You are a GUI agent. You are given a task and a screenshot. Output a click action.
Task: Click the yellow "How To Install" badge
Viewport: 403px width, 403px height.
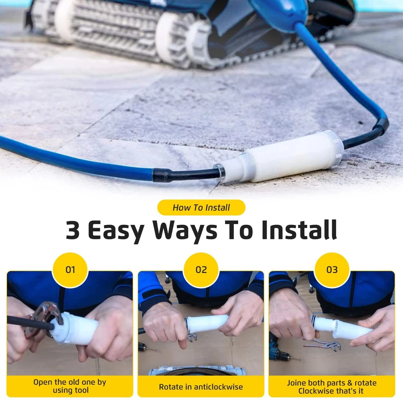201,208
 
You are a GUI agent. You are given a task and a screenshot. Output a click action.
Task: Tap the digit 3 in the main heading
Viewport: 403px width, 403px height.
73,230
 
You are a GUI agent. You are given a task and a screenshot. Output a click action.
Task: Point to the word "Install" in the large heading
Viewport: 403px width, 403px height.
299,230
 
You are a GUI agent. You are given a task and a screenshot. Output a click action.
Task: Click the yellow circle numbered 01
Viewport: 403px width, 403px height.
70,270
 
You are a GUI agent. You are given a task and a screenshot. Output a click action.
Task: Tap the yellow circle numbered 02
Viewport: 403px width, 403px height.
201,270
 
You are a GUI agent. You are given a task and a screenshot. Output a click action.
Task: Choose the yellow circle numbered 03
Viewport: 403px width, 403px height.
332,270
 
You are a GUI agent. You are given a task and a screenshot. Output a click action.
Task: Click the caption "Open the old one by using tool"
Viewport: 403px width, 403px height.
70,386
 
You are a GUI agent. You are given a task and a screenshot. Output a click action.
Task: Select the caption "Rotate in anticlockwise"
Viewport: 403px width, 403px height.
201,387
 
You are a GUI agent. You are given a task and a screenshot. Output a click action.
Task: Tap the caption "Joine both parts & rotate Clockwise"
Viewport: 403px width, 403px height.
332,387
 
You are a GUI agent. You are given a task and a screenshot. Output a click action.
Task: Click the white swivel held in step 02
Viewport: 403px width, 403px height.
207,324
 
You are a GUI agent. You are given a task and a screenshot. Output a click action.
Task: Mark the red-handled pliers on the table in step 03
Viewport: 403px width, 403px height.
323,344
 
